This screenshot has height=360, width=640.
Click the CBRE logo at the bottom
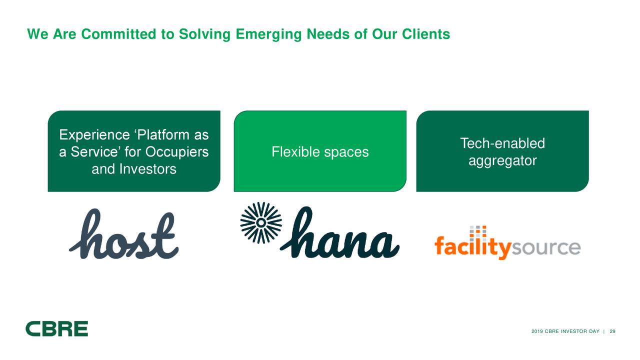point(57,328)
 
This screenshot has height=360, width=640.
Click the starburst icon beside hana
point(261,222)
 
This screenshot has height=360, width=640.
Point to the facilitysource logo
point(507,246)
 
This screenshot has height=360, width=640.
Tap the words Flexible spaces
point(320,152)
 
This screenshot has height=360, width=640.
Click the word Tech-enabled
point(502,144)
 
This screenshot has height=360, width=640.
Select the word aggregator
point(502,161)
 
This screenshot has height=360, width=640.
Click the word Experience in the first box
point(95,135)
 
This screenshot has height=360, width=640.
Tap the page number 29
point(612,332)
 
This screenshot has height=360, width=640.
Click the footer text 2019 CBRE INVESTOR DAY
point(565,332)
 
